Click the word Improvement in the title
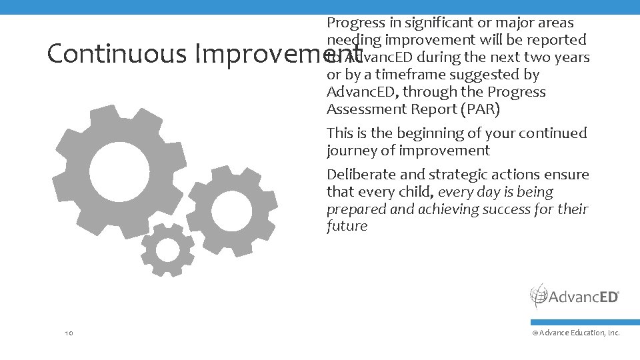click(x=278, y=54)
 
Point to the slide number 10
click(x=69, y=332)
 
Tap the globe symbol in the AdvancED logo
click(x=539, y=296)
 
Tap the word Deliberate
click(x=361, y=175)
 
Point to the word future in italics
click(x=347, y=226)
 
